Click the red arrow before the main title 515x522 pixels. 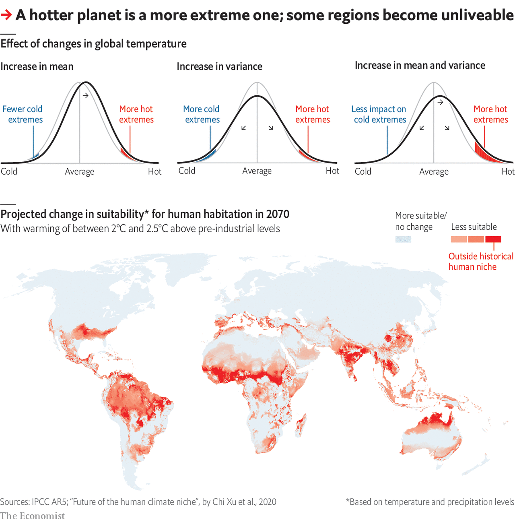[6, 16]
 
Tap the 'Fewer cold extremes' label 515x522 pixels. [23, 114]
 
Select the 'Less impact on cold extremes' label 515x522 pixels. [379, 114]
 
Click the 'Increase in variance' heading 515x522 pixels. [219, 66]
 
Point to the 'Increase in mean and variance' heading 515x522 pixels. [420, 66]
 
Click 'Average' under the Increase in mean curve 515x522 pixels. [80, 172]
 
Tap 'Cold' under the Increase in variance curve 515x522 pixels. [187, 171]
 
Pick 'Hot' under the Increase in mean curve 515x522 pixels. [154, 172]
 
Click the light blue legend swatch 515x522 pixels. [403, 239]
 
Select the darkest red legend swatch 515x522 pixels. [493, 239]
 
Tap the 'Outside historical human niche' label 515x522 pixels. [481, 262]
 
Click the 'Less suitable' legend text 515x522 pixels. [474, 227]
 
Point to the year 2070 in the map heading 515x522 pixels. [278, 214]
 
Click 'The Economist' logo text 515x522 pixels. [32, 516]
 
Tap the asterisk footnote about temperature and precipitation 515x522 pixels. [430, 502]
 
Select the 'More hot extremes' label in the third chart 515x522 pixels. [490, 114]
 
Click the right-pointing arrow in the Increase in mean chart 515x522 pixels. [85, 96]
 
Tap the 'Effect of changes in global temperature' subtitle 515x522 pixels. [93, 44]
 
